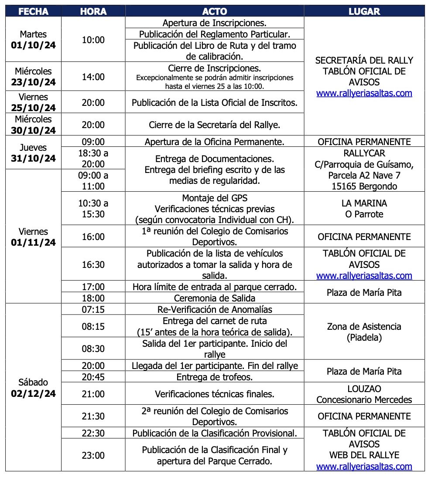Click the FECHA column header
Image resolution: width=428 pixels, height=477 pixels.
tap(33, 11)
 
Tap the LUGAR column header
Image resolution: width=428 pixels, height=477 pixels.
tap(364, 11)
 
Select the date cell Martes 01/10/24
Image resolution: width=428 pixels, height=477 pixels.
tap(33, 40)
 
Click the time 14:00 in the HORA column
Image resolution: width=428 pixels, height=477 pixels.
tap(93, 77)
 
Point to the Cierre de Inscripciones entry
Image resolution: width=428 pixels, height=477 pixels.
tap(215, 68)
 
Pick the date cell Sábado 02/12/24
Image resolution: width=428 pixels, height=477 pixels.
tap(33, 388)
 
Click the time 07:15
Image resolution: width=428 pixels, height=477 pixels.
tap(93, 310)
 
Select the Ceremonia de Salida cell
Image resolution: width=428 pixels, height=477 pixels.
tap(215, 298)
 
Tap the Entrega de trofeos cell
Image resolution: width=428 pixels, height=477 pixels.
tap(215, 377)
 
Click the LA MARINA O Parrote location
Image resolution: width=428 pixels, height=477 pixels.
tap(364, 209)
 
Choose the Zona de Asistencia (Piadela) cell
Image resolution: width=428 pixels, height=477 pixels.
tap(364, 332)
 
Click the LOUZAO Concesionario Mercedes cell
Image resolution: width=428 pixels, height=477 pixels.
tap(364, 394)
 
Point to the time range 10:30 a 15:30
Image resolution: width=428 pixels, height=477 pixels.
tap(93, 209)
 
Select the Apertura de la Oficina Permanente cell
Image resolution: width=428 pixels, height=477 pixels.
tap(215, 142)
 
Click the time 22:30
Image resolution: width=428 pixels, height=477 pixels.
tap(93, 433)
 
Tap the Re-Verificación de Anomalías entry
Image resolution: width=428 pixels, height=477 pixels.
tap(215, 310)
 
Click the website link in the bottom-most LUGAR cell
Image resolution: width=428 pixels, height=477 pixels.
tap(364, 467)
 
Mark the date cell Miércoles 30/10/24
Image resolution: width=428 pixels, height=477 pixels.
tap(33, 125)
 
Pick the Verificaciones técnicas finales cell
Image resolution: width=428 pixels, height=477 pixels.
tap(215, 394)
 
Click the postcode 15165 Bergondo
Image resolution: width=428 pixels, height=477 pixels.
tap(364, 186)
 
